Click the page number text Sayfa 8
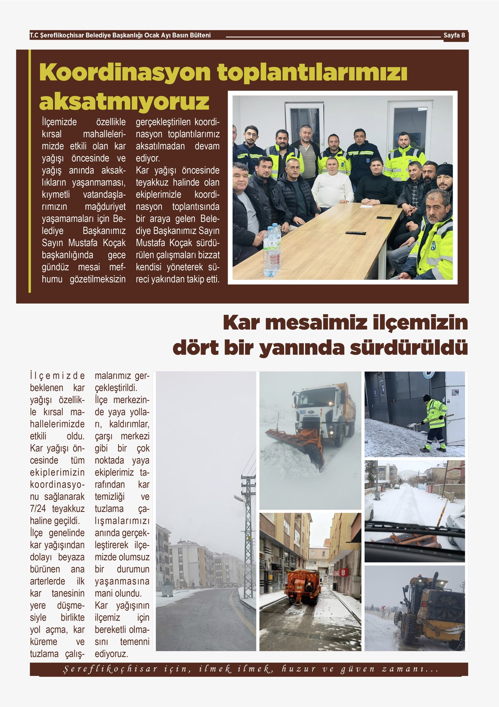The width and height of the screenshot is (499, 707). coord(454,35)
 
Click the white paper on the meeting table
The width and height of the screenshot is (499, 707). coord(366,206)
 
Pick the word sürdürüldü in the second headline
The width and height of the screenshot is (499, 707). coord(409,348)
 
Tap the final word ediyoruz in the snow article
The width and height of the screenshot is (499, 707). coord(111,653)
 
